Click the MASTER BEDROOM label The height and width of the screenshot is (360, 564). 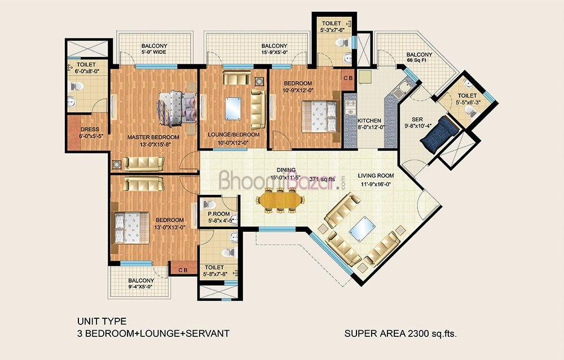[x=153, y=137]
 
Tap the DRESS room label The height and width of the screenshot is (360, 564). [x=90, y=129]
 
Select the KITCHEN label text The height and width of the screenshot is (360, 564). [x=369, y=121]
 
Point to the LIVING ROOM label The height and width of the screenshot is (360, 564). [x=376, y=175]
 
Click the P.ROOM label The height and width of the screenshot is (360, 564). [x=219, y=214]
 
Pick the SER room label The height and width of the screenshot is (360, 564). [x=417, y=119]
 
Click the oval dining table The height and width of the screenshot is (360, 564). [x=280, y=200]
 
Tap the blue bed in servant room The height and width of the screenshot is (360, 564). [x=439, y=134]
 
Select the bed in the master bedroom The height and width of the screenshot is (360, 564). [x=177, y=108]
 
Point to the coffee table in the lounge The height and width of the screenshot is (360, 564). [x=233, y=108]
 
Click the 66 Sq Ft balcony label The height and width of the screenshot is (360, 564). [x=417, y=60]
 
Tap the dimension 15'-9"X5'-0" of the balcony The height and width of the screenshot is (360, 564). [x=275, y=52]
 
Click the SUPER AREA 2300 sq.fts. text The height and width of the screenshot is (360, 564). [x=400, y=333]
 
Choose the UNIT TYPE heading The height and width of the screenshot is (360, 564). [x=102, y=321]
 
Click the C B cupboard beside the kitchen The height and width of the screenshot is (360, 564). [x=348, y=78]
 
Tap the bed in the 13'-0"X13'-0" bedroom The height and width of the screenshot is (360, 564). [x=131, y=228]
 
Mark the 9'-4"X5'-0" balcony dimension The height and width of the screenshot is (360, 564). [x=141, y=287]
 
